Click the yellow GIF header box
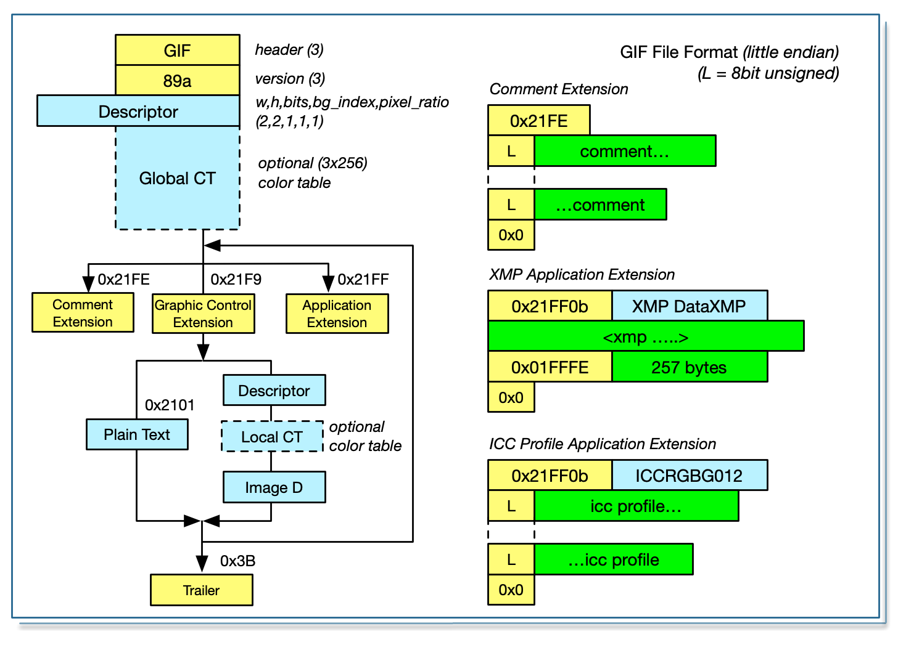click(177, 50)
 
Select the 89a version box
click(177, 80)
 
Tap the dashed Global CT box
click(177, 178)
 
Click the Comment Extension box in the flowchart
click(83, 313)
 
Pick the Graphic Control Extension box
click(203, 314)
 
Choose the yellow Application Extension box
click(337, 314)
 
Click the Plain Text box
click(137, 434)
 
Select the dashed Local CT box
click(272, 437)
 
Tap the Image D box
click(274, 487)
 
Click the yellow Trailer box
click(201, 590)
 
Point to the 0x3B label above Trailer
click(237, 561)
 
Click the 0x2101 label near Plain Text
click(170, 405)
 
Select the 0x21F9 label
click(236, 279)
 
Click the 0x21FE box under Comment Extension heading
click(538, 120)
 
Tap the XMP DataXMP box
click(689, 306)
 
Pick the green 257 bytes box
click(689, 367)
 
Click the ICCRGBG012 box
click(689, 475)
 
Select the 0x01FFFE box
click(550, 367)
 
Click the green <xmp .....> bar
click(646, 336)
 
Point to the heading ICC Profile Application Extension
click(602, 444)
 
